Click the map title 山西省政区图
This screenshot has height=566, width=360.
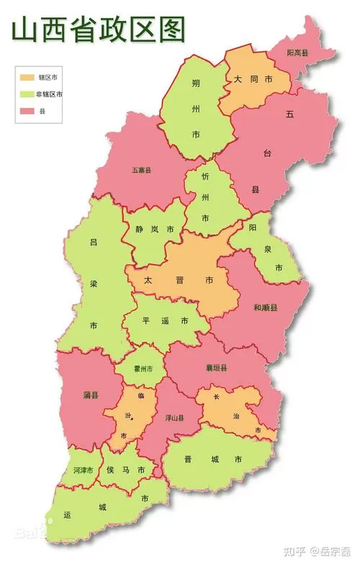pyautogui.click(x=97, y=30)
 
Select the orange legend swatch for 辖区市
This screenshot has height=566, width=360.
pyautogui.click(x=27, y=76)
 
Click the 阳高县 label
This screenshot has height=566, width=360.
pyautogui.click(x=297, y=53)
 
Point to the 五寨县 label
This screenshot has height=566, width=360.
pyautogui.click(x=141, y=171)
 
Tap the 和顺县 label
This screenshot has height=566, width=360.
pyautogui.click(x=265, y=307)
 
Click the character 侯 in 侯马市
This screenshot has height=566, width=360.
pyautogui.click(x=111, y=470)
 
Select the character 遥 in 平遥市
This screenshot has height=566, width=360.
pyautogui.click(x=165, y=320)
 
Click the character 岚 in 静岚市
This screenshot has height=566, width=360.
pyautogui.click(x=155, y=230)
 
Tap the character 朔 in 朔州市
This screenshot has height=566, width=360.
pyautogui.click(x=196, y=84)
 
